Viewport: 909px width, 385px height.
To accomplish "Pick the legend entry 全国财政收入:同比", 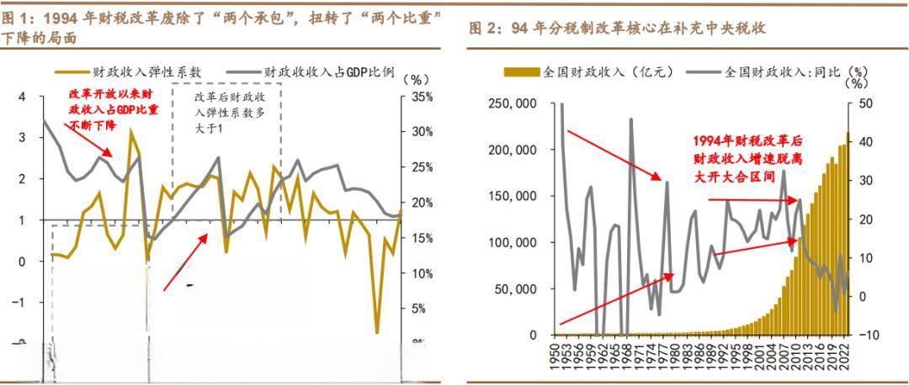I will [782, 73].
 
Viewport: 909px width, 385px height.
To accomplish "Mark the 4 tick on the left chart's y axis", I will [22, 98].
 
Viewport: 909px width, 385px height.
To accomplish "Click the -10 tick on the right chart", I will [869, 335].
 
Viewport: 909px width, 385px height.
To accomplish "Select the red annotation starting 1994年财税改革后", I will [749, 158].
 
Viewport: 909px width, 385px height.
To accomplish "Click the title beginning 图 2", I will [616, 29].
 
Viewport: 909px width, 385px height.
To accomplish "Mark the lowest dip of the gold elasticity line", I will [377, 333].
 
